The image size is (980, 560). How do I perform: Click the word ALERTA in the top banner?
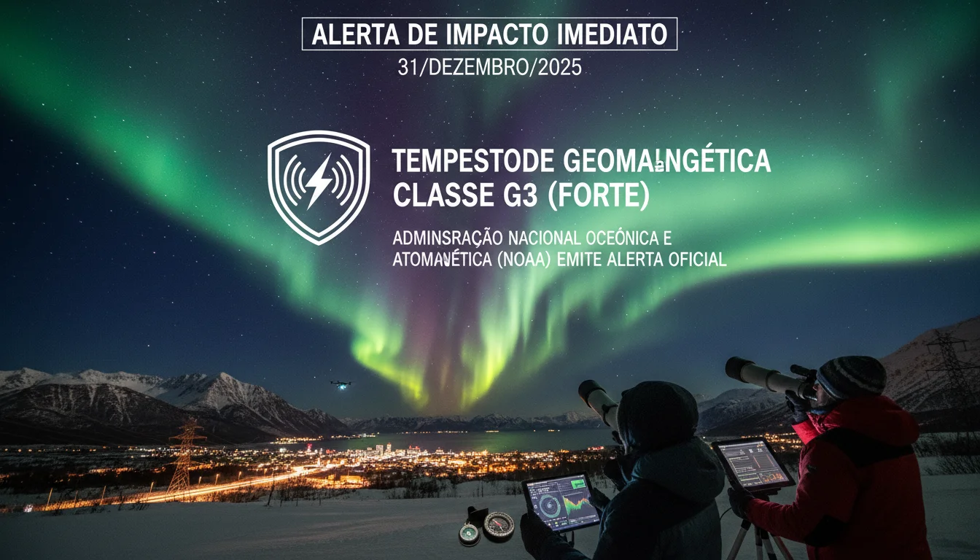tap(346, 34)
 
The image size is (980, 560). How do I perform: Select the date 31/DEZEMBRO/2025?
tap(489, 68)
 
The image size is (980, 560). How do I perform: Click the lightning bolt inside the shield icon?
tap(319, 181)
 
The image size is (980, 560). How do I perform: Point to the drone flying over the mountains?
tap(340, 383)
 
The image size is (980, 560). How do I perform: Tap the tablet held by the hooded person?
tap(561, 502)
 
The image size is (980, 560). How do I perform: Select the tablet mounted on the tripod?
tap(752, 464)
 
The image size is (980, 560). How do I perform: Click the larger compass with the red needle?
tap(499, 524)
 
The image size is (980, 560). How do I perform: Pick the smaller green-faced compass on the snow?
tap(470, 534)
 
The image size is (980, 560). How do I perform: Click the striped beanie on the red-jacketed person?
tap(851, 376)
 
